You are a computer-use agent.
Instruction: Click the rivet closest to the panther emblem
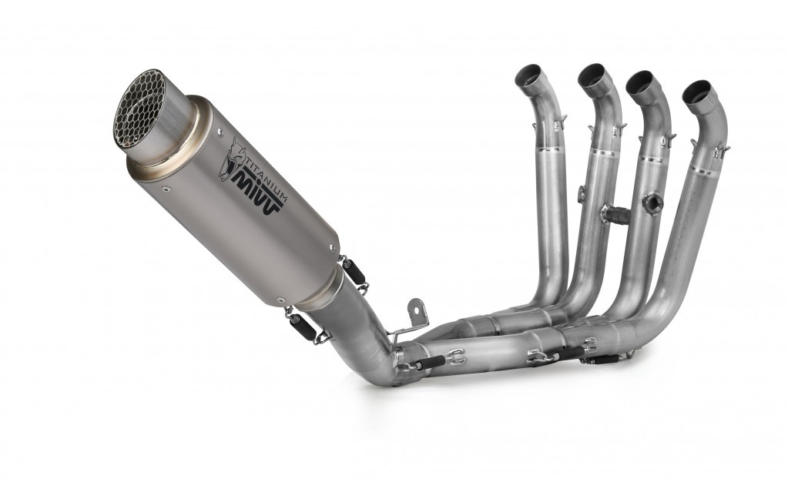tap(220, 132)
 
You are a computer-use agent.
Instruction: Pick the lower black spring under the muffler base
tap(303, 326)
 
